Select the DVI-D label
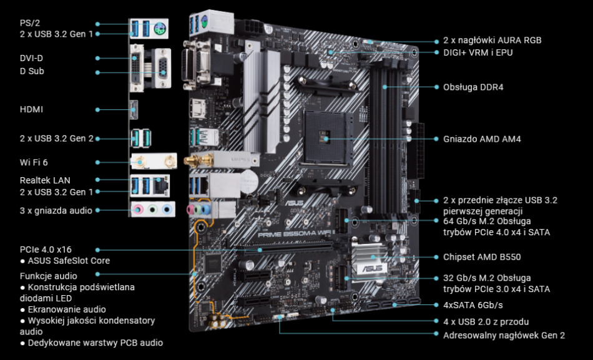[x=31, y=58]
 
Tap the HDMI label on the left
[x=31, y=109]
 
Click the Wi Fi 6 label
[x=34, y=162]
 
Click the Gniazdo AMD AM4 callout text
[x=482, y=139]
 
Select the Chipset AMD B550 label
[x=481, y=256]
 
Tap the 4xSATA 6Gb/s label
[x=473, y=305]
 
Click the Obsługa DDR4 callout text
[x=473, y=87]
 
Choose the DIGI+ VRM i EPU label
[x=478, y=52]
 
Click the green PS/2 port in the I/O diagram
[x=159, y=27]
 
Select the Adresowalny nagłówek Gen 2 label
[x=504, y=335]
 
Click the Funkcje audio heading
[x=49, y=275]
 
